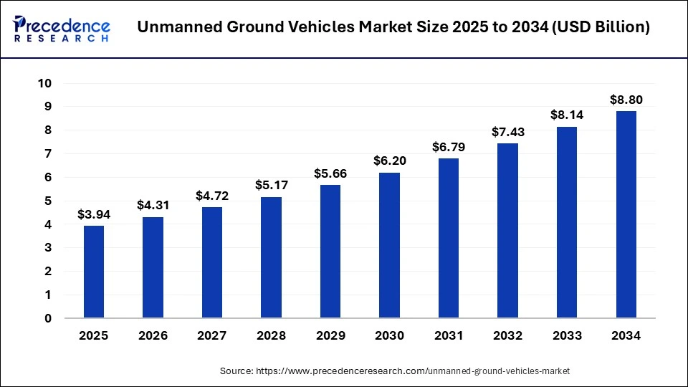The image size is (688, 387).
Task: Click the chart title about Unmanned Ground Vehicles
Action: coord(393,28)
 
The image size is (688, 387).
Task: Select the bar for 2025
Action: coord(94,272)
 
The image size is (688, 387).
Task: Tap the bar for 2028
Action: coord(271,257)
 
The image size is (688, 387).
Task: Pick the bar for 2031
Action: coord(449,238)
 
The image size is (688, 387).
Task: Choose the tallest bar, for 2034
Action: coord(626,214)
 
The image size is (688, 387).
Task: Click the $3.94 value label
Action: coord(94,214)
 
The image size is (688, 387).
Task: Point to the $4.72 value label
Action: coord(212,196)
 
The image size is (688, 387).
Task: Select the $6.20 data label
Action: coord(389,161)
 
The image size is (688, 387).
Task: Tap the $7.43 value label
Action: coord(507,132)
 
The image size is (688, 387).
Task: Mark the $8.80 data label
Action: coord(626,100)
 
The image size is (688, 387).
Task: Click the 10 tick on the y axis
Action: coord(44,83)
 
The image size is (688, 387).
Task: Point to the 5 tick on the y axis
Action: coord(48,201)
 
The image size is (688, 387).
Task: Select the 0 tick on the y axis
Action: coord(48,318)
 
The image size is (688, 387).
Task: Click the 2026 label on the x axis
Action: coord(153,335)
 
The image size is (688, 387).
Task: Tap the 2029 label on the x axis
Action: coord(330,335)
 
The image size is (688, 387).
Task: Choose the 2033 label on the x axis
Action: coord(566,335)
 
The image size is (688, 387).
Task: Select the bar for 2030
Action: coord(389,245)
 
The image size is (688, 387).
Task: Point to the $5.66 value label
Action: coord(330,173)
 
